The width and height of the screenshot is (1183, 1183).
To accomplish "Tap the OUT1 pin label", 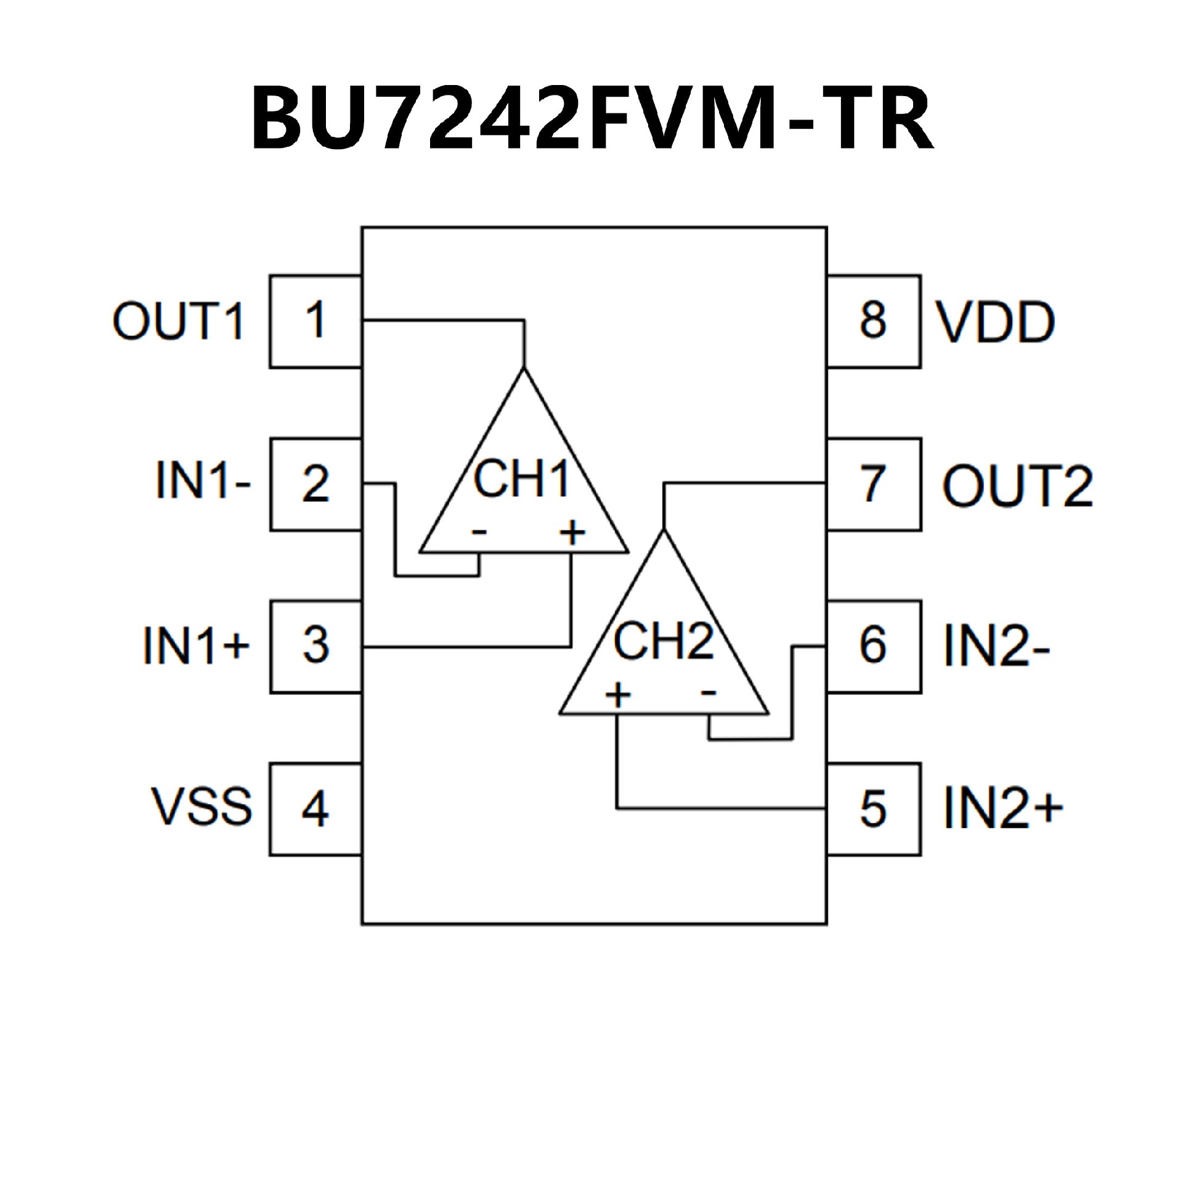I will pyautogui.click(x=179, y=321).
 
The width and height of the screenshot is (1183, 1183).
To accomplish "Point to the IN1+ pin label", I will pyautogui.click(x=197, y=646).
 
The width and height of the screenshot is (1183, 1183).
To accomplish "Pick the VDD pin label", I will pyautogui.click(x=996, y=322).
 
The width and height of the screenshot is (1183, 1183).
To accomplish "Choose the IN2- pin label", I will pyautogui.click(x=997, y=646).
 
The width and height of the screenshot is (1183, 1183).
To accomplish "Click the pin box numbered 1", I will pyautogui.click(x=315, y=321).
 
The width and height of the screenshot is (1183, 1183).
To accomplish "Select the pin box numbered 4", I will pyautogui.click(x=315, y=809).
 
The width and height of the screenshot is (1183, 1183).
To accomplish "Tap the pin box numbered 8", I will pyautogui.click(x=874, y=321).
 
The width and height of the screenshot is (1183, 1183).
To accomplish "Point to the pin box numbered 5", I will pyautogui.click(x=874, y=809).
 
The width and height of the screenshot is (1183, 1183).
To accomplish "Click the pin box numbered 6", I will pyautogui.click(x=874, y=646).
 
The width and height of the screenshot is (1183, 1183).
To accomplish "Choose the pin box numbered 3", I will pyautogui.click(x=315, y=646).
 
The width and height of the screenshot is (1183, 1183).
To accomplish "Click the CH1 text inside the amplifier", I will pyautogui.click(x=521, y=480).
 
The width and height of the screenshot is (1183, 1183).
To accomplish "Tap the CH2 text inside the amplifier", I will pyautogui.click(x=663, y=641).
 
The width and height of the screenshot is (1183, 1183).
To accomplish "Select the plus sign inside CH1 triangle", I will pyautogui.click(x=572, y=533).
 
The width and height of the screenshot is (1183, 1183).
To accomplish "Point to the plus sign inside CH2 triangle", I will pyautogui.click(x=618, y=696).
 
